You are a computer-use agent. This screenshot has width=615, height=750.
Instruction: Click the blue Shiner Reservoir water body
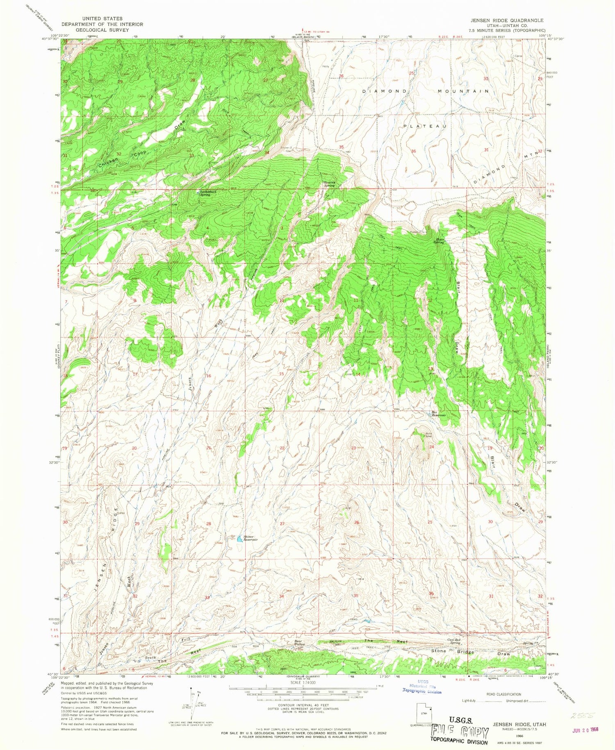(x=238, y=539)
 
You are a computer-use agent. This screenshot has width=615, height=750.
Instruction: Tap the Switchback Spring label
(x=205, y=193)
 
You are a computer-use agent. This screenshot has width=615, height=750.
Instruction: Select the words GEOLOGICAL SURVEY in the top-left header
(x=102, y=30)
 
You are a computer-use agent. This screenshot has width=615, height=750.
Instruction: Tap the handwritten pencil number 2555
(x=581, y=715)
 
